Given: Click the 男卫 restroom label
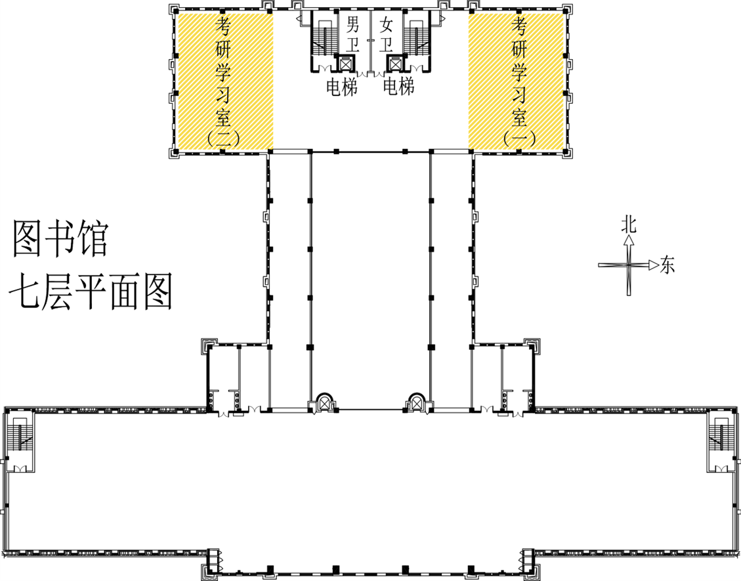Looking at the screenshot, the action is click(x=353, y=34).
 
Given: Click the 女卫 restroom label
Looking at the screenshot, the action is click(x=386, y=34).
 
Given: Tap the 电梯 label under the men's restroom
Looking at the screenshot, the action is click(x=342, y=87).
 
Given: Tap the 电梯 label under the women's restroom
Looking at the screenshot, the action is click(x=398, y=87).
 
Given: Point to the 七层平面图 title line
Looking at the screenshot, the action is click(x=91, y=291).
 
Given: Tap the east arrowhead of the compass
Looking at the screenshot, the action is click(x=654, y=265).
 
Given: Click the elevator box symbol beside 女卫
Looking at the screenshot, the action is click(x=394, y=63).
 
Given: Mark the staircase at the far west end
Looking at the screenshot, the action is click(x=20, y=441).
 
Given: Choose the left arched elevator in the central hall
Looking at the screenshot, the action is click(x=324, y=403).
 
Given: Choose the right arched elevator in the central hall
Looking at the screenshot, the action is click(x=416, y=403).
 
